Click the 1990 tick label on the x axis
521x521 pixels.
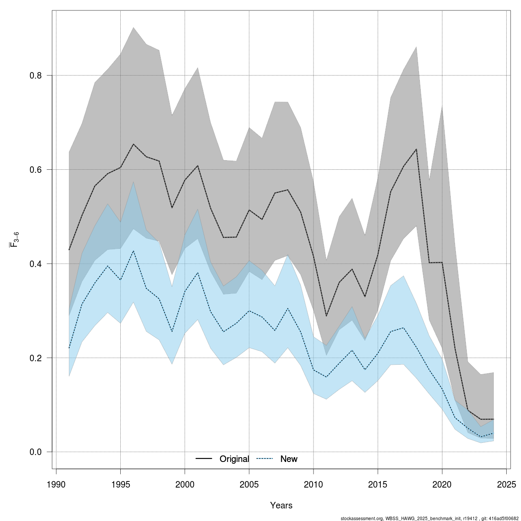tap(56, 484)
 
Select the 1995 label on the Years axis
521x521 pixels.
tap(120, 484)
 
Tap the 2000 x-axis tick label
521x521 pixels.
tap(185, 484)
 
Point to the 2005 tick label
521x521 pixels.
tap(249, 484)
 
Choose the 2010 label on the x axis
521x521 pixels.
tap(313, 484)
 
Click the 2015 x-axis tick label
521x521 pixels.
tap(378, 484)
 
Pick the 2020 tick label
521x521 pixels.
tap(442, 484)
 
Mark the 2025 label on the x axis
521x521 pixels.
tap(506, 484)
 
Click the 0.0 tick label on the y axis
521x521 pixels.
tap(36, 452)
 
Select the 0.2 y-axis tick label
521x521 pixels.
tap(36, 358)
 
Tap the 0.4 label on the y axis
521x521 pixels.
tap(36, 264)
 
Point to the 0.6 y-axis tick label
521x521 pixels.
tap(36, 169)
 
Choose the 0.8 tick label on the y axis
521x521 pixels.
tap(36, 76)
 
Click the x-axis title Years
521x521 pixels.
tap(281, 505)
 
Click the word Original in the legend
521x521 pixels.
tap(234, 459)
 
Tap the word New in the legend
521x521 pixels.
tap(289, 459)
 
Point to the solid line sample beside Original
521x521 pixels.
tap(204, 459)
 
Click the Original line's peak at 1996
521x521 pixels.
tap(133, 144)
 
